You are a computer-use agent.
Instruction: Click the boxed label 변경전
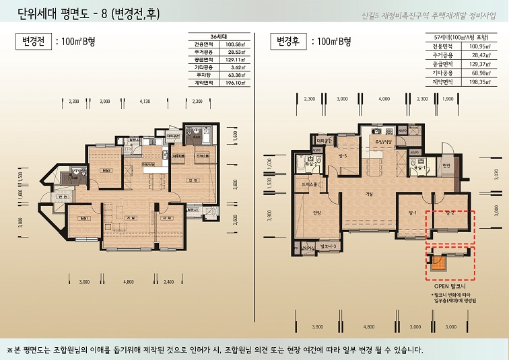pyautogui.click(x=31, y=42)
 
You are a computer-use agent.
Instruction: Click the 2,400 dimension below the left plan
pyautogui.click(x=168, y=281)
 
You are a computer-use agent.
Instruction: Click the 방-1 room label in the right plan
pyautogui.click(x=413, y=213)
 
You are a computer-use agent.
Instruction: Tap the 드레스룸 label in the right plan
pyautogui.click(x=310, y=183)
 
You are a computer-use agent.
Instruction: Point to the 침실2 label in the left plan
pyautogui.click(x=106, y=171)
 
